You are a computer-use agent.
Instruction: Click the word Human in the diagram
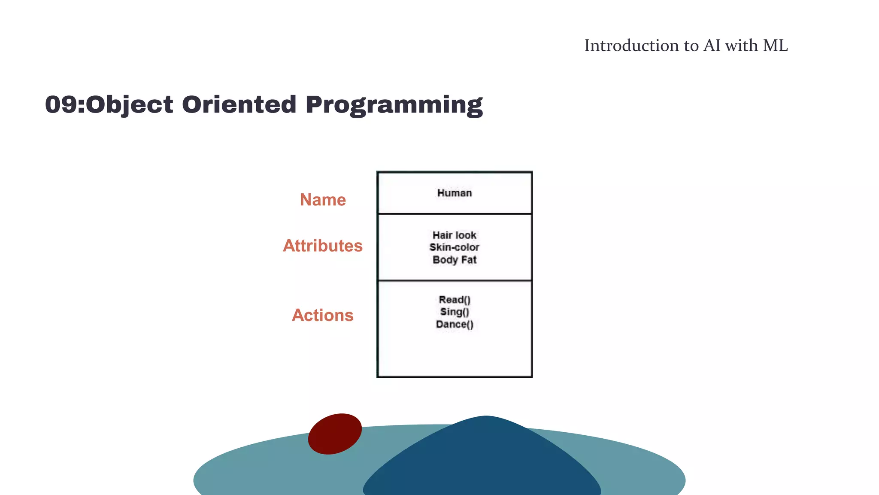click(454, 193)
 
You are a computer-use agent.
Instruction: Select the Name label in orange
click(323, 200)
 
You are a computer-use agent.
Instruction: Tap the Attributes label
click(323, 246)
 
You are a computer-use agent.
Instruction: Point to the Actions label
click(323, 315)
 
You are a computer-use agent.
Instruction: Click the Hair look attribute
click(454, 235)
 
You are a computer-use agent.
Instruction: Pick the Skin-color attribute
click(454, 247)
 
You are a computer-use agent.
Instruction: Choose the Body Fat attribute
click(454, 260)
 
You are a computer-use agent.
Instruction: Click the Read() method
click(455, 299)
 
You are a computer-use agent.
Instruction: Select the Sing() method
click(455, 312)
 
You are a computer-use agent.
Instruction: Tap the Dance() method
click(455, 324)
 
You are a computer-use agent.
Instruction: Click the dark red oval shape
click(335, 434)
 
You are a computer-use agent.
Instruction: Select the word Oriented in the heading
click(239, 104)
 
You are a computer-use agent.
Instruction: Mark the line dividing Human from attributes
click(454, 214)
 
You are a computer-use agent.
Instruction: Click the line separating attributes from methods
click(454, 281)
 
